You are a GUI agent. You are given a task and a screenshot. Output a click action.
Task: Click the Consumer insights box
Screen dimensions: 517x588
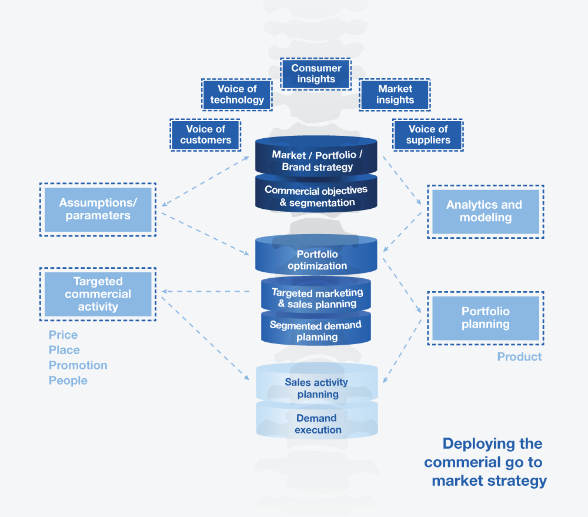(x=316, y=74)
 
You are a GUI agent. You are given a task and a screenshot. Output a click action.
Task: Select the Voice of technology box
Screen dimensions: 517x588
(x=237, y=94)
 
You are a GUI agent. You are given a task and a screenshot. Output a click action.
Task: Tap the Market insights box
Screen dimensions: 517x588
(x=395, y=94)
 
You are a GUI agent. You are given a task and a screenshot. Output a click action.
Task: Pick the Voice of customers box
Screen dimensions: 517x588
(x=206, y=135)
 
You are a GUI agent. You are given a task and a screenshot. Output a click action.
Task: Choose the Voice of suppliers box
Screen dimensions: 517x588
(x=428, y=135)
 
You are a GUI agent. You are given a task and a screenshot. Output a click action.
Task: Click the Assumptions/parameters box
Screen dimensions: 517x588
(x=98, y=209)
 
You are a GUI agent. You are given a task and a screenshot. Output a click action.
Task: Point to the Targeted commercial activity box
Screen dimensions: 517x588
(x=98, y=294)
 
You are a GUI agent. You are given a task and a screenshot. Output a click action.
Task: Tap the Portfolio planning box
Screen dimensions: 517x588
(x=485, y=318)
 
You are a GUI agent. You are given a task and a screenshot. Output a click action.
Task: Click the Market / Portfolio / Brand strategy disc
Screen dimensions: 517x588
(x=316, y=160)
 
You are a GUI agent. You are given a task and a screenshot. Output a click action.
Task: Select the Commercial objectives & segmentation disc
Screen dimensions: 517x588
(x=316, y=196)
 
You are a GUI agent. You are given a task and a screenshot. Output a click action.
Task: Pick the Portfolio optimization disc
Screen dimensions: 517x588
(x=317, y=259)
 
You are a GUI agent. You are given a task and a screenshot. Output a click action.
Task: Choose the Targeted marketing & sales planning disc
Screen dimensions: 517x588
(x=317, y=298)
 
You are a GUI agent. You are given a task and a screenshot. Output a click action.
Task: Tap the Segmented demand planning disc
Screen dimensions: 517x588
(x=316, y=331)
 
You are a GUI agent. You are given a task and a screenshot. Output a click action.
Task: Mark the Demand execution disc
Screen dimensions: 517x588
(x=317, y=423)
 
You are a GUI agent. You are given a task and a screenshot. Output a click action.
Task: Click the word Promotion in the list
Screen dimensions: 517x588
(x=78, y=365)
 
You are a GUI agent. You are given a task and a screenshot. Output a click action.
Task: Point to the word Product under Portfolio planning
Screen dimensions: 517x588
(x=519, y=357)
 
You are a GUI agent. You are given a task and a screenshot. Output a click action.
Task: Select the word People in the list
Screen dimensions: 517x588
(x=68, y=381)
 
